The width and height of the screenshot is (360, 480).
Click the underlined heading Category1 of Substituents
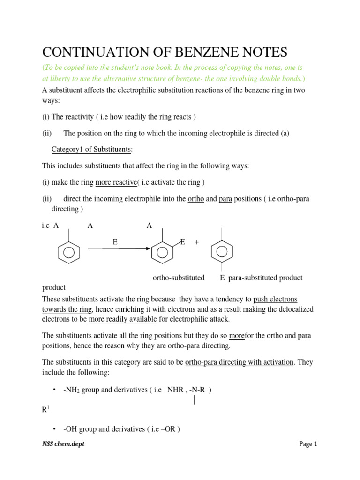point(91,150)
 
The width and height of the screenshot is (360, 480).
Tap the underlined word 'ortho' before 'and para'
point(195,199)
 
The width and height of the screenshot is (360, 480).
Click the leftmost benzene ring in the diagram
point(69,252)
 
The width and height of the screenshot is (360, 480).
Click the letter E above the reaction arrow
point(115,242)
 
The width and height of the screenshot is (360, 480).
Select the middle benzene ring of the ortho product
point(162,252)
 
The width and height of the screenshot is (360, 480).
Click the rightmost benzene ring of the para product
point(222,251)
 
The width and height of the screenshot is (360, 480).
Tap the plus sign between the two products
point(196,242)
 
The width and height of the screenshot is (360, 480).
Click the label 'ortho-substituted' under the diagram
point(179,277)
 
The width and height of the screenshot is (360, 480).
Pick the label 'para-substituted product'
point(265,277)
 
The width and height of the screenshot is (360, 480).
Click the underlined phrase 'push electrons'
point(275,299)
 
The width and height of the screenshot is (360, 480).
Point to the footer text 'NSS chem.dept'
point(63,444)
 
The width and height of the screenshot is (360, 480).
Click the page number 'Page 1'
point(308,444)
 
